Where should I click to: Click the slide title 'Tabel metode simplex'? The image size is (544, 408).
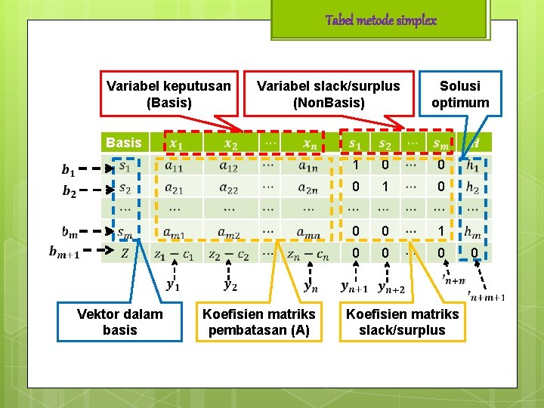pyautogui.click(x=381, y=20)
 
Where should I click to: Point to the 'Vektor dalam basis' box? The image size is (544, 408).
pyautogui.click(x=119, y=321)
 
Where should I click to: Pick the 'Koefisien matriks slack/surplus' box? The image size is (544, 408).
pyautogui.click(x=402, y=321)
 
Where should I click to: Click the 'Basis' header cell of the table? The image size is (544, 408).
pyautogui.click(x=124, y=142)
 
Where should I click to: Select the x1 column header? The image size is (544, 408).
pyautogui.click(x=175, y=143)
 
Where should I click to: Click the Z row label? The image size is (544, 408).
pyautogui.click(x=124, y=253)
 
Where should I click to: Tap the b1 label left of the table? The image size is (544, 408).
pyautogui.click(x=69, y=169)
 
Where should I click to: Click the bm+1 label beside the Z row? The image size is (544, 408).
pyautogui.click(x=64, y=252)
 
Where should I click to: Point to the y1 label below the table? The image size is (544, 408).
pyautogui.click(x=173, y=285)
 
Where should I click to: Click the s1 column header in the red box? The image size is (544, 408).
pyautogui.click(x=354, y=143)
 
